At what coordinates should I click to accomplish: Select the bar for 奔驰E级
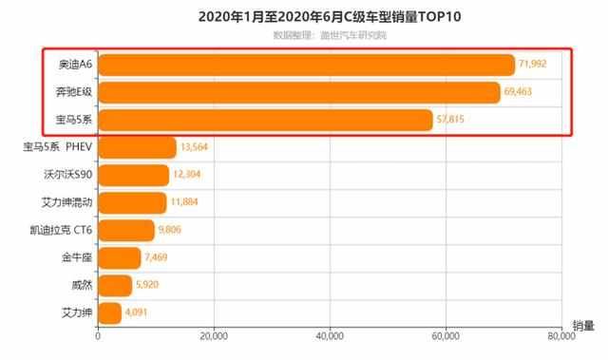(x=299, y=92)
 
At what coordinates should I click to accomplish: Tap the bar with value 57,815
(x=265, y=120)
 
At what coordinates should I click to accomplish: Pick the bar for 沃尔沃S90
(x=133, y=175)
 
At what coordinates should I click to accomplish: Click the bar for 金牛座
(x=119, y=257)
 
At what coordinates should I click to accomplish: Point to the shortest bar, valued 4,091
(x=109, y=313)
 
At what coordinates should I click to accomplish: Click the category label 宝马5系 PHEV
(x=56, y=147)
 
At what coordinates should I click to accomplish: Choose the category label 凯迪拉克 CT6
(x=61, y=230)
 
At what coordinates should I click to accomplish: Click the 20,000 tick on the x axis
(x=214, y=335)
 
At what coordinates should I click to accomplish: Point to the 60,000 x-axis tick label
(x=446, y=335)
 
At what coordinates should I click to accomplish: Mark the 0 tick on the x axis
(x=98, y=335)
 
